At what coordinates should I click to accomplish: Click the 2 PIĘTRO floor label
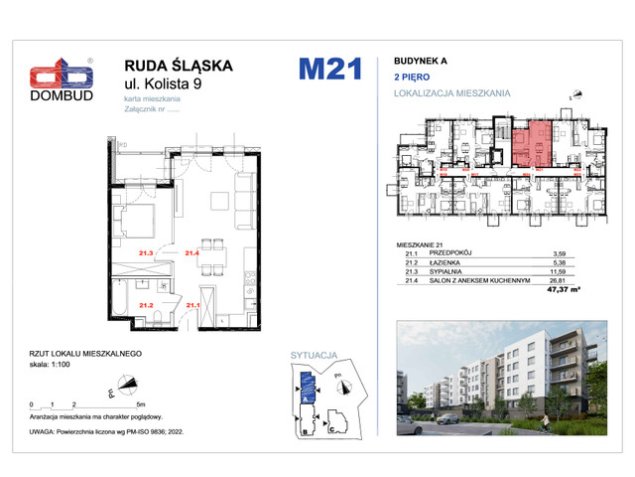414,77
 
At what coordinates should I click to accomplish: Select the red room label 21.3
147,253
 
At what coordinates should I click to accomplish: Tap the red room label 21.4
192,253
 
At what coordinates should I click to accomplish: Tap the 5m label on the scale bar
142,405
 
